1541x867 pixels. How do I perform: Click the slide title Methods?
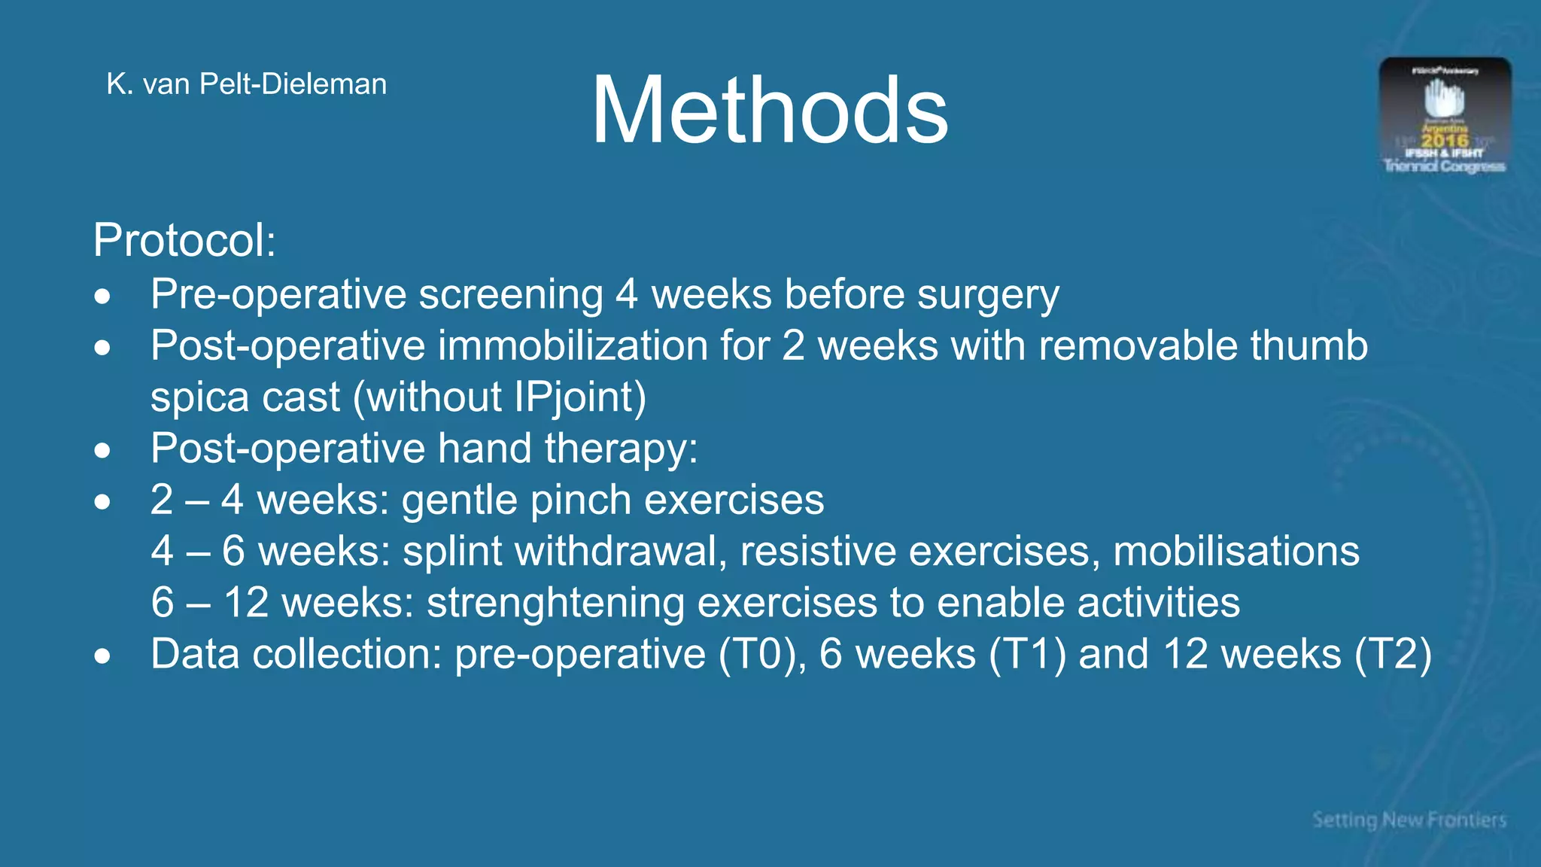coord(769,111)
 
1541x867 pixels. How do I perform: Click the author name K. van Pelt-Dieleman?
coord(247,84)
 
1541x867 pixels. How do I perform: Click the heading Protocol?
coord(184,241)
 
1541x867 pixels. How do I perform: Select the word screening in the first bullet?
coord(511,294)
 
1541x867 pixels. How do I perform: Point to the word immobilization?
coord(573,346)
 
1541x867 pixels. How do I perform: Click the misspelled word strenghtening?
coord(555,603)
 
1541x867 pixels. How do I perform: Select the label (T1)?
coord(1027,654)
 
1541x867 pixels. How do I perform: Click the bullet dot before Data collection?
coord(103,656)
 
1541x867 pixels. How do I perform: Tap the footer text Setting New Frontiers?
coord(1409,820)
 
